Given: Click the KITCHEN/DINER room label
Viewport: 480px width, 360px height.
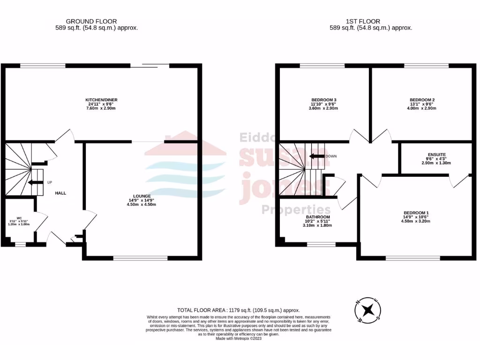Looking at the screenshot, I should [101, 100].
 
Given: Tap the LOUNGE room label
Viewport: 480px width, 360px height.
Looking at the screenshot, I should [142, 196].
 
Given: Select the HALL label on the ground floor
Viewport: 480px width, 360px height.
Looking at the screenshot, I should [60, 193].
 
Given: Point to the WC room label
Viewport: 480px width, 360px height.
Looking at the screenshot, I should [19, 218].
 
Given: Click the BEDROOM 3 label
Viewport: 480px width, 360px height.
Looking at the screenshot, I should [324, 100].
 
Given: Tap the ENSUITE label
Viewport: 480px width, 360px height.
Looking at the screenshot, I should [436, 154].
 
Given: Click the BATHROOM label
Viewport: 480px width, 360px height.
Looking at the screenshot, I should [318, 217].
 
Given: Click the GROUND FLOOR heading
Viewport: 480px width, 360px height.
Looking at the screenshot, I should [91, 21].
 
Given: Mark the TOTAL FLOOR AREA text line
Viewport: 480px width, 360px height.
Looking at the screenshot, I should [239, 310].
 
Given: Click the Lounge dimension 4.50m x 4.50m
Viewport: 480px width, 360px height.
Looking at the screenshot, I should [142, 204].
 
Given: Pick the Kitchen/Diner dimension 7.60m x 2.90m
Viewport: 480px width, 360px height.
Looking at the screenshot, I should [101, 108].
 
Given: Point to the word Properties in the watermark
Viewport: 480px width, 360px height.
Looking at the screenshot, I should [295, 210].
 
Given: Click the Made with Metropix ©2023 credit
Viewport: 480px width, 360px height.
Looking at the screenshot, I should [239, 338].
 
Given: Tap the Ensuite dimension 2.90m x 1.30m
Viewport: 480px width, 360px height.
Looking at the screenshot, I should [436, 163].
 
